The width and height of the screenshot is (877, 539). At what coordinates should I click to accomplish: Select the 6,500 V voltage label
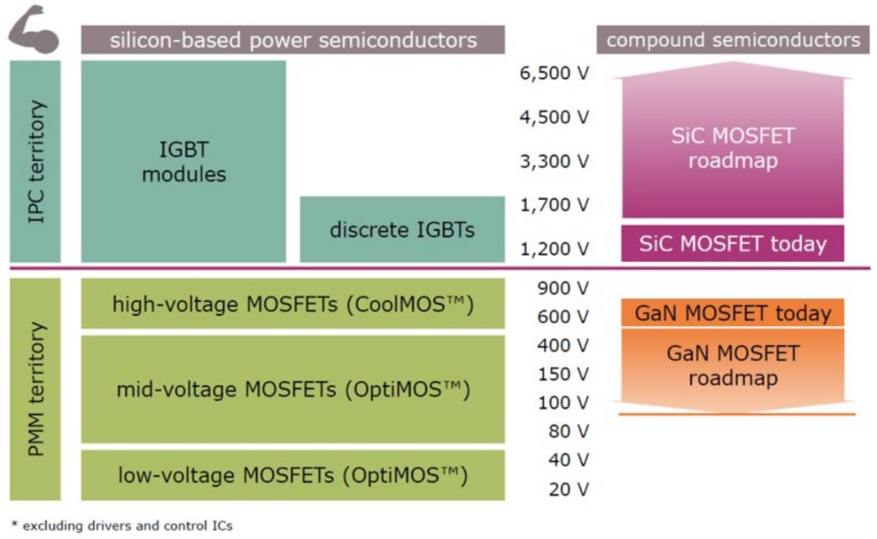(555, 74)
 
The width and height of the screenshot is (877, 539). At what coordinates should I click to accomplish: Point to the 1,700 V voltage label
(555, 205)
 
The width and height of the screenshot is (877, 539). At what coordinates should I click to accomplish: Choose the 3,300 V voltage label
(555, 162)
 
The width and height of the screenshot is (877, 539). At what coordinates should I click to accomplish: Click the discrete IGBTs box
(402, 230)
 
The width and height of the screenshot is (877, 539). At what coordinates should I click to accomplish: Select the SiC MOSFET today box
(732, 244)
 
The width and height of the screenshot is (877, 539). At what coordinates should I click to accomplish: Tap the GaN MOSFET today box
(732, 313)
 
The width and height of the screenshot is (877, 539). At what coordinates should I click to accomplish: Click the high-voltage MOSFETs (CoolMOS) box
(292, 304)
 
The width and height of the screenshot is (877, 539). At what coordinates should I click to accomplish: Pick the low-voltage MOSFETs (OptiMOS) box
(292, 474)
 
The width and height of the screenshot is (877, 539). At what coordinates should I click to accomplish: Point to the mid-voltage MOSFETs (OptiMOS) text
(292, 390)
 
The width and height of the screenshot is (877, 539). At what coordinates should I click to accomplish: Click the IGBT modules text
(184, 161)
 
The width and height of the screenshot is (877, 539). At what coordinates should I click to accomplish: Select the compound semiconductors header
(732, 40)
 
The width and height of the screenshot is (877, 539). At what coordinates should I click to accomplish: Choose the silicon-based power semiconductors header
(292, 40)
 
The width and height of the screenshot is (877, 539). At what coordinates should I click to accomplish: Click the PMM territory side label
(35, 389)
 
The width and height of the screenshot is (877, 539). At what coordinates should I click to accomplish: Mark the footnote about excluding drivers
(121, 526)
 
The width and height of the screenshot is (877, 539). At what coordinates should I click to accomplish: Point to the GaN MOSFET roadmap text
(732, 365)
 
